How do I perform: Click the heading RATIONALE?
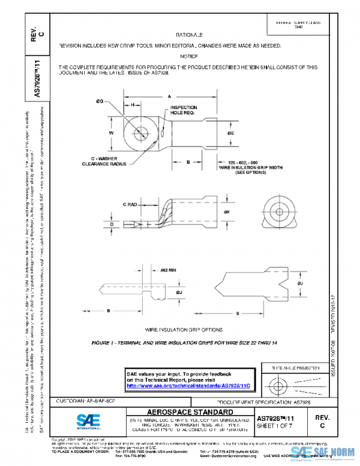[x=190, y=35]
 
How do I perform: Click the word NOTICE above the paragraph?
[x=189, y=56]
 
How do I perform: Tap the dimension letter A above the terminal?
[x=169, y=96]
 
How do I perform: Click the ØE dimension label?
[x=232, y=132]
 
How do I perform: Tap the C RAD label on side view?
[x=131, y=205]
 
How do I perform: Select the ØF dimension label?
[x=226, y=211]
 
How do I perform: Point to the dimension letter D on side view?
[x=112, y=224]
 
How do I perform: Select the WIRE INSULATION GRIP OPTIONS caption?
[x=184, y=330]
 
